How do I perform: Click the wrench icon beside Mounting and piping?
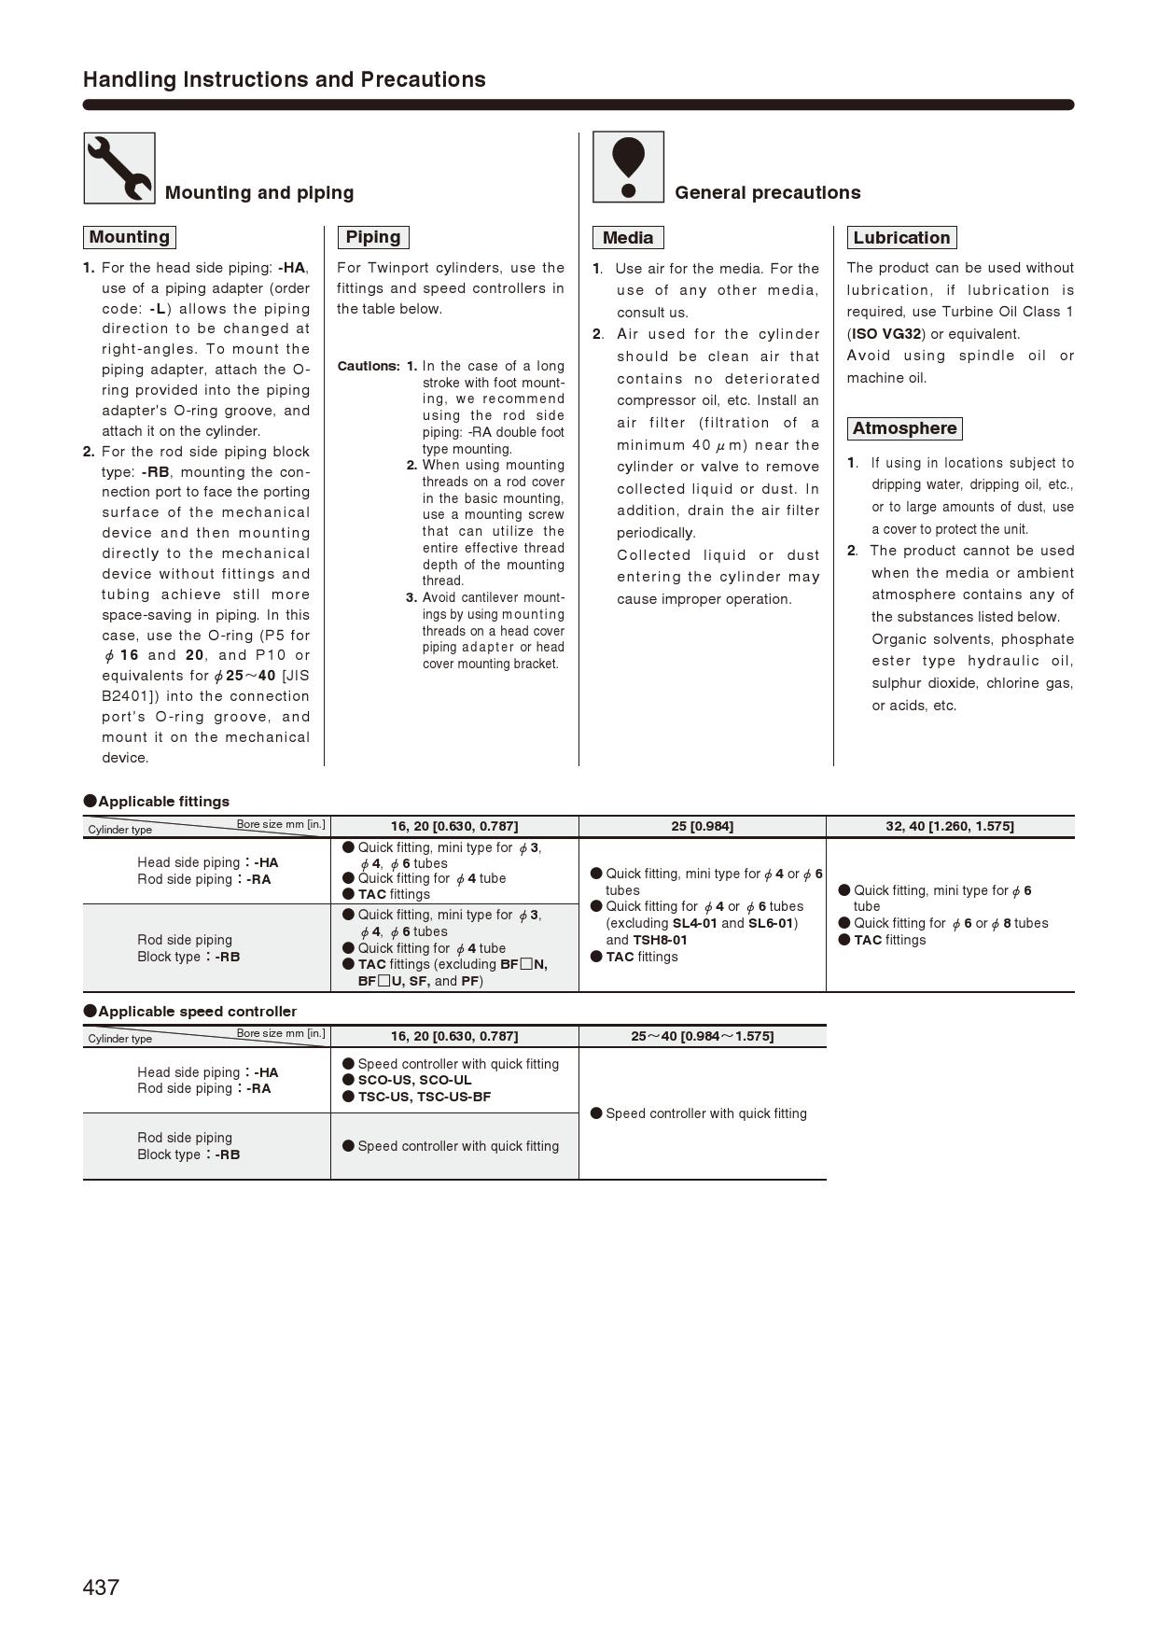119,168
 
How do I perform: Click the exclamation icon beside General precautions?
628,167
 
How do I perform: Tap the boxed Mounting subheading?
130,237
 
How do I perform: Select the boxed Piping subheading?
373,237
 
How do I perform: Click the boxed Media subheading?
628,238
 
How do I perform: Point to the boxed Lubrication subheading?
901,238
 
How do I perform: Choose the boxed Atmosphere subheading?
904,428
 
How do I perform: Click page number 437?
101,1588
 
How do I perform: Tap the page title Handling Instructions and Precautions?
285,79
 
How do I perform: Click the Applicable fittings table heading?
157,802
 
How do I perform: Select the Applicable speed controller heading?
190,1012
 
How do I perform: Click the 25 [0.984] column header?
702,826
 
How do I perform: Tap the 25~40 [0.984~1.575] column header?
702,1036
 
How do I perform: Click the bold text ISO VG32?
886,334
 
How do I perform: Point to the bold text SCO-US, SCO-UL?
414,1080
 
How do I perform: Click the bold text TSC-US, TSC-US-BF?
424,1097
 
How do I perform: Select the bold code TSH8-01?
660,940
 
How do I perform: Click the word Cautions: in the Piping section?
369,366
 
